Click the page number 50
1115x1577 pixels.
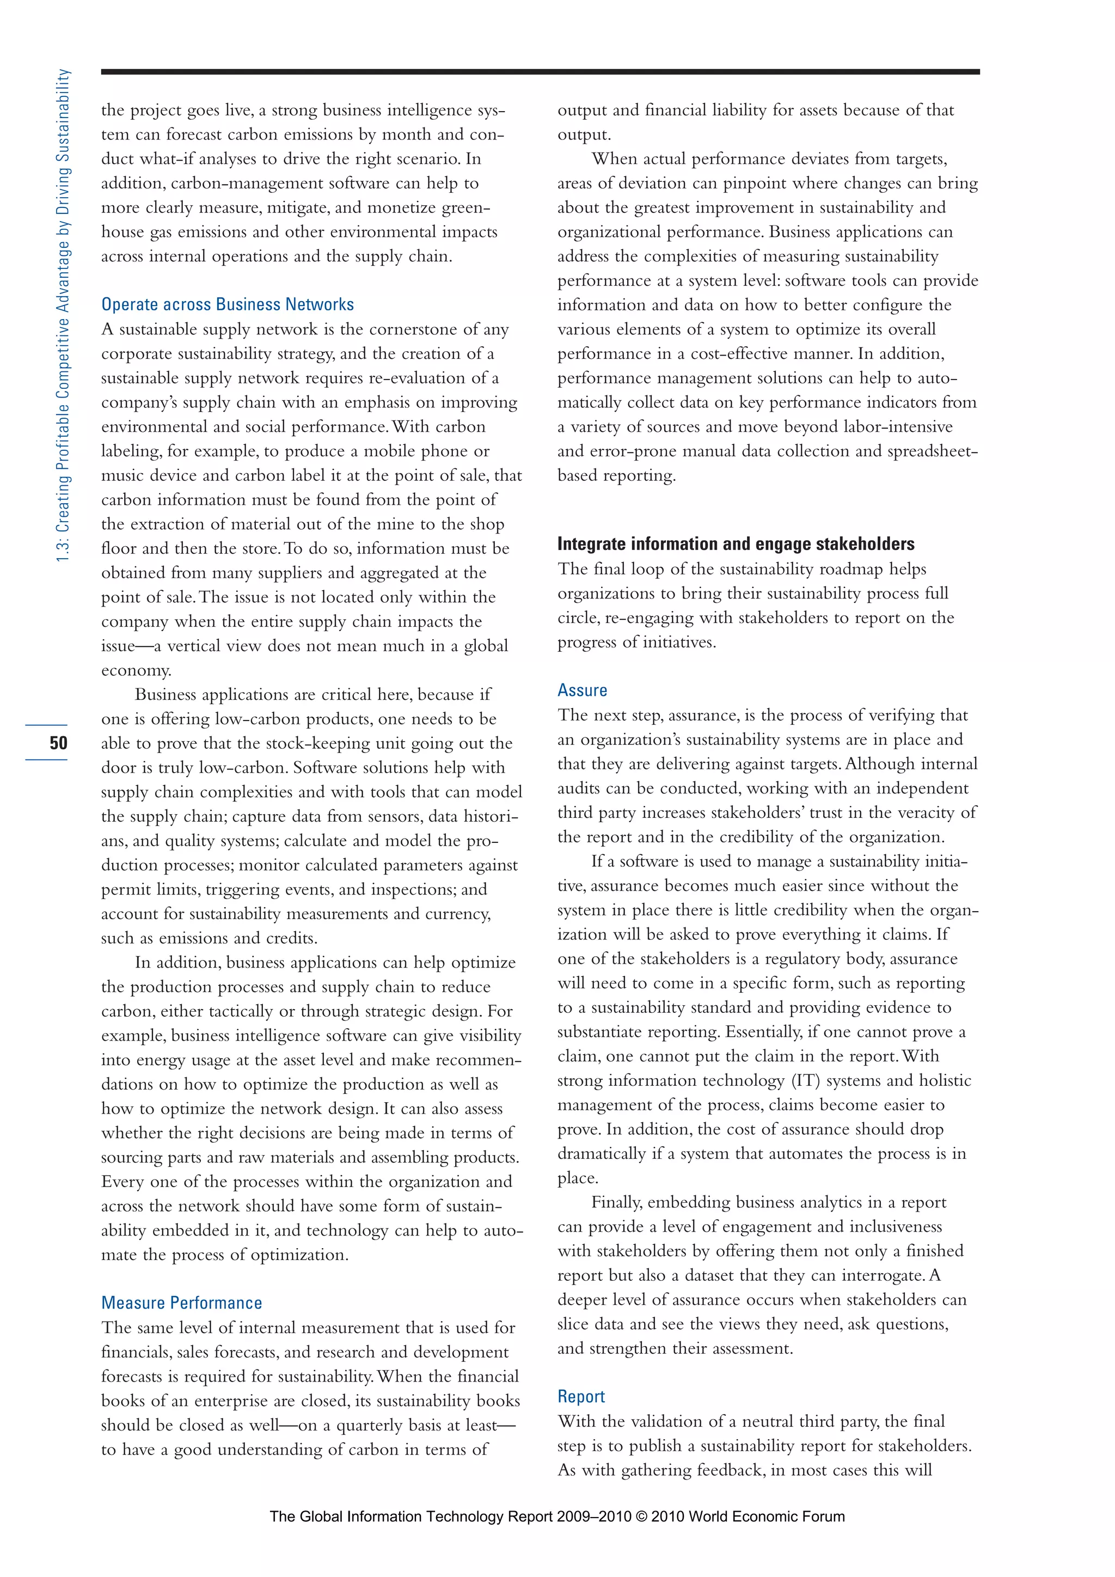click(x=58, y=742)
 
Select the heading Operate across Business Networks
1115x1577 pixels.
click(x=227, y=304)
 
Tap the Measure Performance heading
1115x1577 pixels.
click(x=181, y=1303)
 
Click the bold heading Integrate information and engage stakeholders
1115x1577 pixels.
click(x=736, y=544)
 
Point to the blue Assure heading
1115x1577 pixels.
click(x=582, y=690)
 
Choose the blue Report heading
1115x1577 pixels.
click(x=581, y=1396)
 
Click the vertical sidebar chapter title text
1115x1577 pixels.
click(x=63, y=316)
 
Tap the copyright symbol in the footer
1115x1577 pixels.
click(x=641, y=1516)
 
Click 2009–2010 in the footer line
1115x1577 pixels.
click(x=592, y=1516)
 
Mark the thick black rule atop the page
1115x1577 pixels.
click(x=540, y=71)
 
